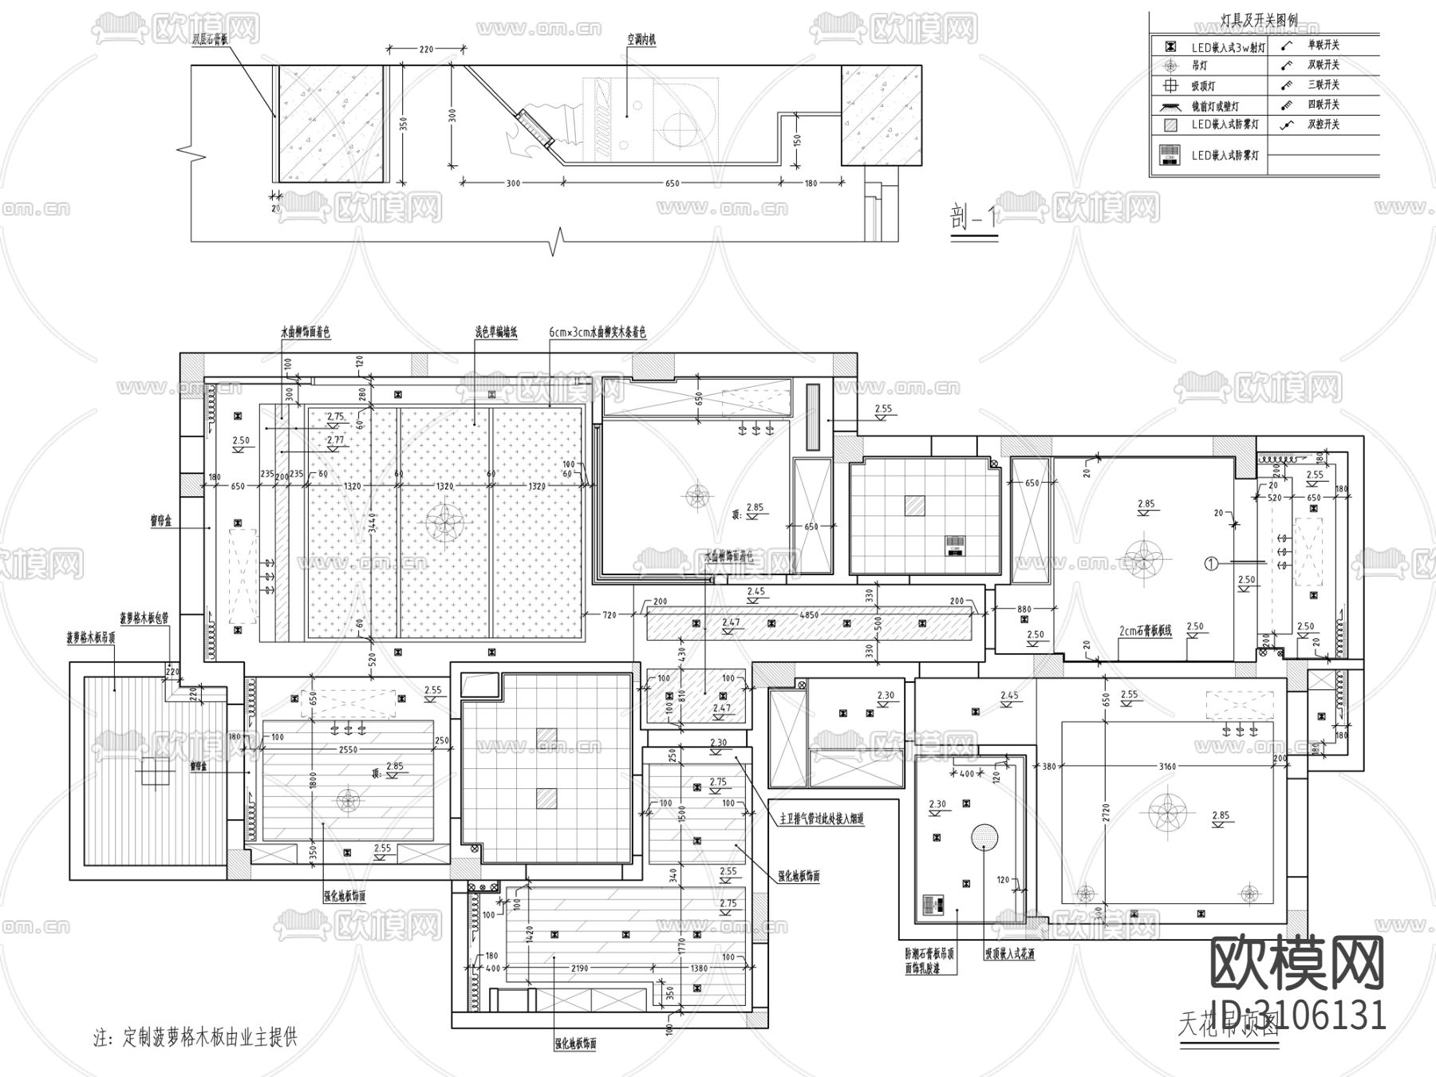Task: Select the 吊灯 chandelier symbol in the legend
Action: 1171,66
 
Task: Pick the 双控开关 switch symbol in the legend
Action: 1285,125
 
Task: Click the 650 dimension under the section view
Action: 672,183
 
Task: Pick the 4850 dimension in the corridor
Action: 808,615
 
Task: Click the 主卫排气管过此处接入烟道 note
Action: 822,819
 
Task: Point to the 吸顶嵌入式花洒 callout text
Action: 1009,954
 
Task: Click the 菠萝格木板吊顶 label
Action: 91,638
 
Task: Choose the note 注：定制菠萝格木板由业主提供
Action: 195,1038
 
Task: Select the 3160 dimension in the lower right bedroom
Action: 1166,767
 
